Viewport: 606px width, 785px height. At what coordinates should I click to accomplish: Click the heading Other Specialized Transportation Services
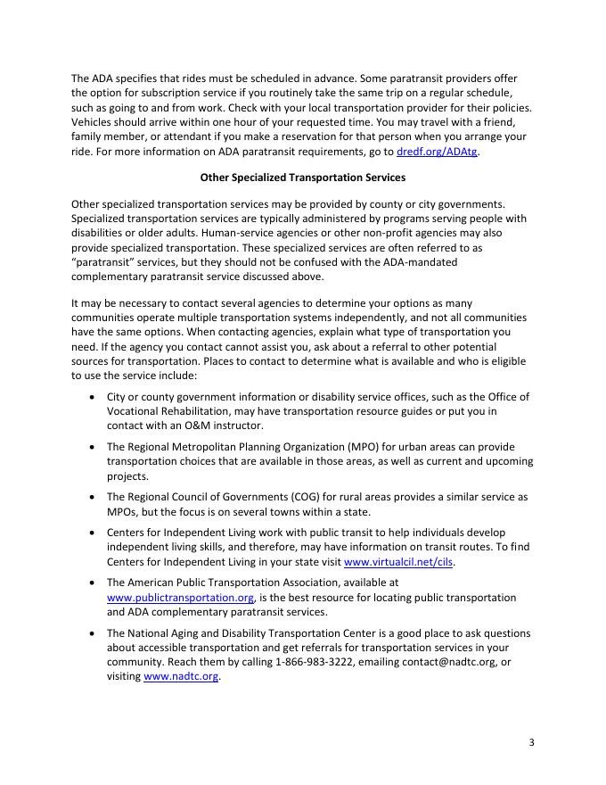pos(303,178)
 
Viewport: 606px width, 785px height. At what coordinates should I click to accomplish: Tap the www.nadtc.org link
pos(181,677)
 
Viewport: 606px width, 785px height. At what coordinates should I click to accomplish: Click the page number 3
pos(531,742)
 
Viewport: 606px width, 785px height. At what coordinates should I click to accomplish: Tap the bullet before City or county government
pos(94,396)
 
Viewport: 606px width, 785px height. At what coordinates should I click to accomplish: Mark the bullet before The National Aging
pos(94,631)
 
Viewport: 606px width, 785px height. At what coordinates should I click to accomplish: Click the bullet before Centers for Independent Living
pos(94,532)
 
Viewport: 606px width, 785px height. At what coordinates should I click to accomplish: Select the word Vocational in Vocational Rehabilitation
pos(135,410)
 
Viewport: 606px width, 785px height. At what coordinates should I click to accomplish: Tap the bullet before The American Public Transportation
pos(94,582)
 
